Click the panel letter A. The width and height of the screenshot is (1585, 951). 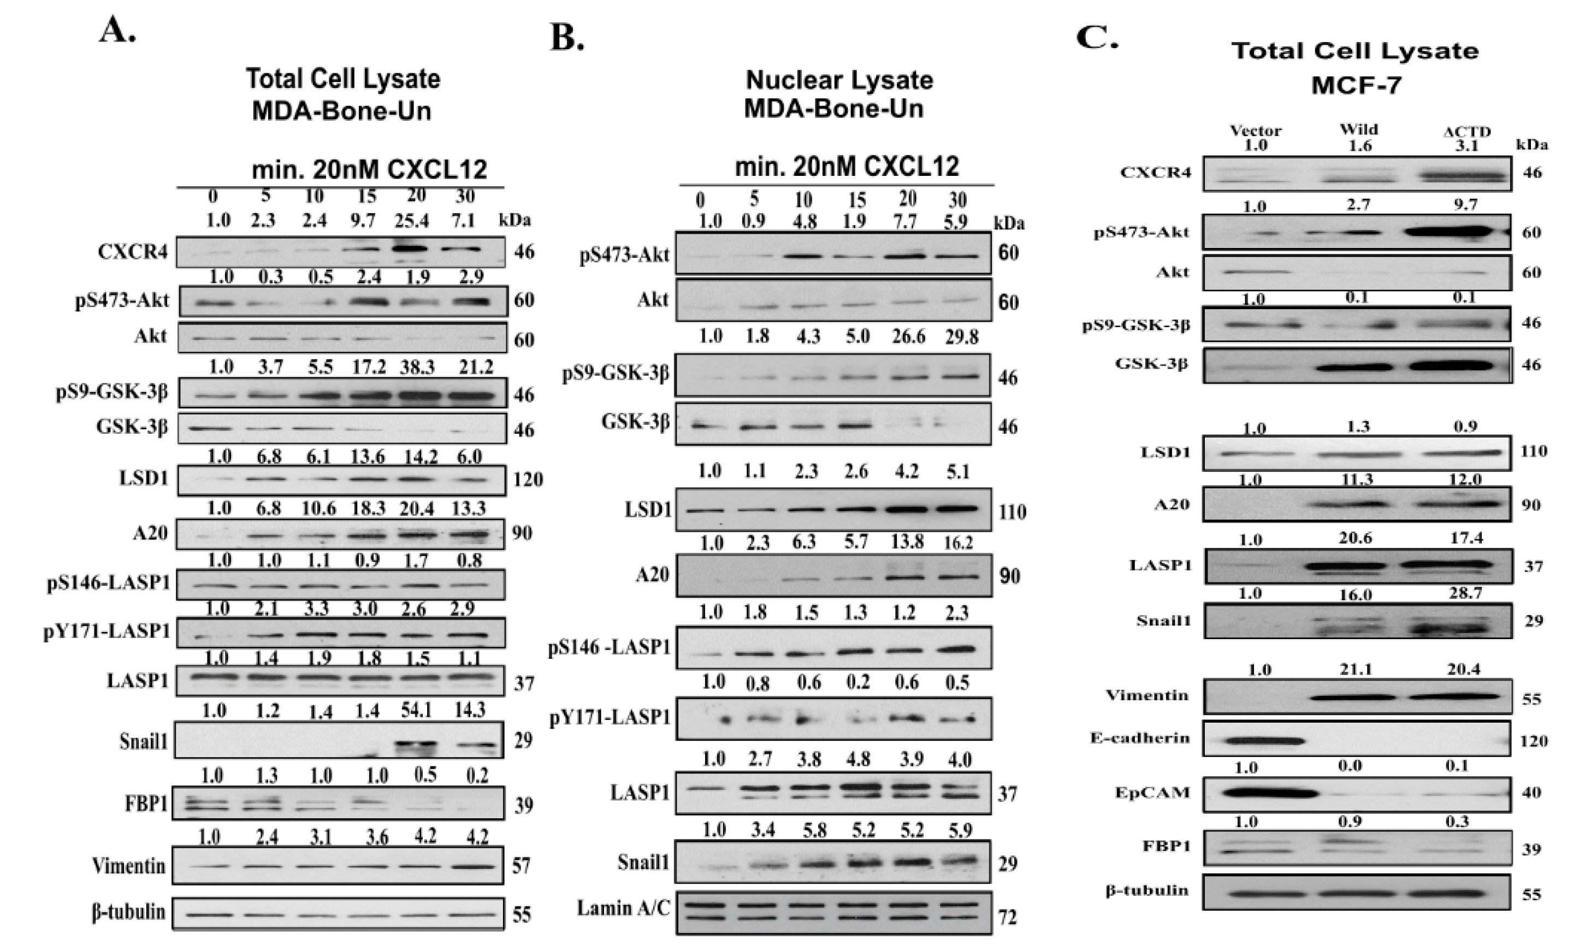(x=117, y=29)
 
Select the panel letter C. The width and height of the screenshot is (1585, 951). (x=1096, y=38)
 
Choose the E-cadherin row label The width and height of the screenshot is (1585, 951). (x=1140, y=737)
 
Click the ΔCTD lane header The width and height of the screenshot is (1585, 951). (x=1466, y=132)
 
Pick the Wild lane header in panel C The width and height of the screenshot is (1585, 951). (x=1359, y=130)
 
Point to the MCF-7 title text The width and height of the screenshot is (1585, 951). (x=1356, y=85)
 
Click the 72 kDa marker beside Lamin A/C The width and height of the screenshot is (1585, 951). (x=1007, y=918)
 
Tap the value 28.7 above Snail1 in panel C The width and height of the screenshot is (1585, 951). (x=1466, y=593)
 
